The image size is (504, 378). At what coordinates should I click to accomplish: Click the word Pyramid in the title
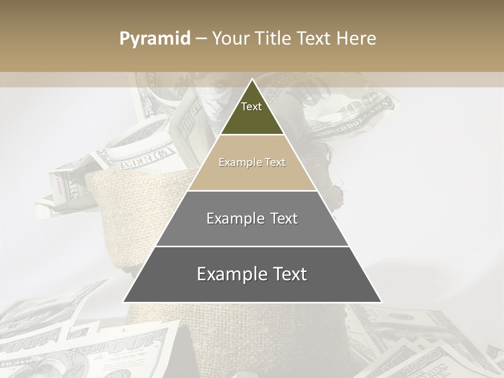pyautogui.click(x=154, y=39)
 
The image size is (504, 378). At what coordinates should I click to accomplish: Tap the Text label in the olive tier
pyautogui.click(x=251, y=107)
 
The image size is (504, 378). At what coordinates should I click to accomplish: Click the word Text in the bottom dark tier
pyautogui.click(x=289, y=274)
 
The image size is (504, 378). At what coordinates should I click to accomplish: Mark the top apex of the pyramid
pyautogui.click(x=252, y=79)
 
